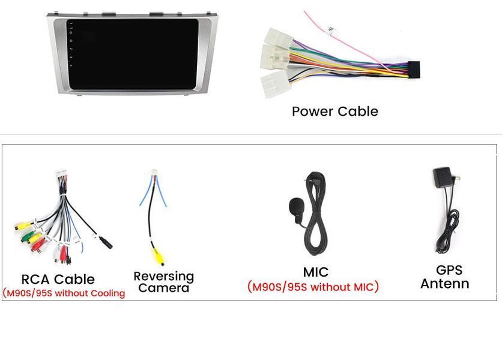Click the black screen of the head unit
pos(132,54)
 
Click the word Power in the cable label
pos(312,112)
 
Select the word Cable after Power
pos(358,112)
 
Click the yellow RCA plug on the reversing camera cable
pos(158,257)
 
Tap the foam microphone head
pos(296,206)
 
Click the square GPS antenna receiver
pos(443,177)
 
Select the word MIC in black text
pos(316,272)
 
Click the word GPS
pos(449,271)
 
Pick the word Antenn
pos(445,284)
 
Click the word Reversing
pos(164,277)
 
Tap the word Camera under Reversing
pos(164,288)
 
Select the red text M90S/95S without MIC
pos(313,287)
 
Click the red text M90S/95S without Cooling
pos(64,293)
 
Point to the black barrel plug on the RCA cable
pos(106,243)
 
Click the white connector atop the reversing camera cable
pos(155,172)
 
